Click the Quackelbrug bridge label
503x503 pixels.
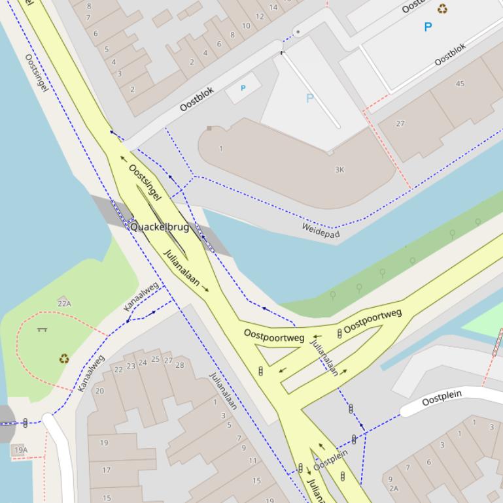pyautogui.click(x=160, y=227)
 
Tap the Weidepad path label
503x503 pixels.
pyautogui.click(x=321, y=230)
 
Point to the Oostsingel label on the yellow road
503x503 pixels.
pyautogui.click(x=145, y=182)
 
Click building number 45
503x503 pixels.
pyautogui.click(x=460, y=84)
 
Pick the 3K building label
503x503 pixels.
pyautogui.click(x=339, y=170)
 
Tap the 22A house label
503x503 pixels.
pyautogui.click(x=64, y=303)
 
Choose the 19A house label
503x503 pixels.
pyautogui.click(x=20, y=449)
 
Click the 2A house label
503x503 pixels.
pyautogui.click(x=393, y=488)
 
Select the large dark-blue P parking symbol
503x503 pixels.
pyautogui.click(x=428, y=27)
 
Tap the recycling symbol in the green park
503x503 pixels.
pyautogui.click(x=64, y=358)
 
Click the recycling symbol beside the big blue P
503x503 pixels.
pyautogui.click(x=443, y=9)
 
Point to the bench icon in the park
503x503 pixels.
pyautogui.click(x=43, y=329)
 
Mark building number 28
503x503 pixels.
pyautogui.click(x=180, y=365)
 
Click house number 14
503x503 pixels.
pyautogui.click(x=273, y=8)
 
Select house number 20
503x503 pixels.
pyautogui.click(x=99, y=391)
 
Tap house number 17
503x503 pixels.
pyautogui.click(x=106, y=469)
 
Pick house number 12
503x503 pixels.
pyautogui.click(x=260, y=16)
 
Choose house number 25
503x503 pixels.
pyautogui.click(x=155, y=359)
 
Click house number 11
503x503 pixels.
pyautogui.click(x=252, y=461)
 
